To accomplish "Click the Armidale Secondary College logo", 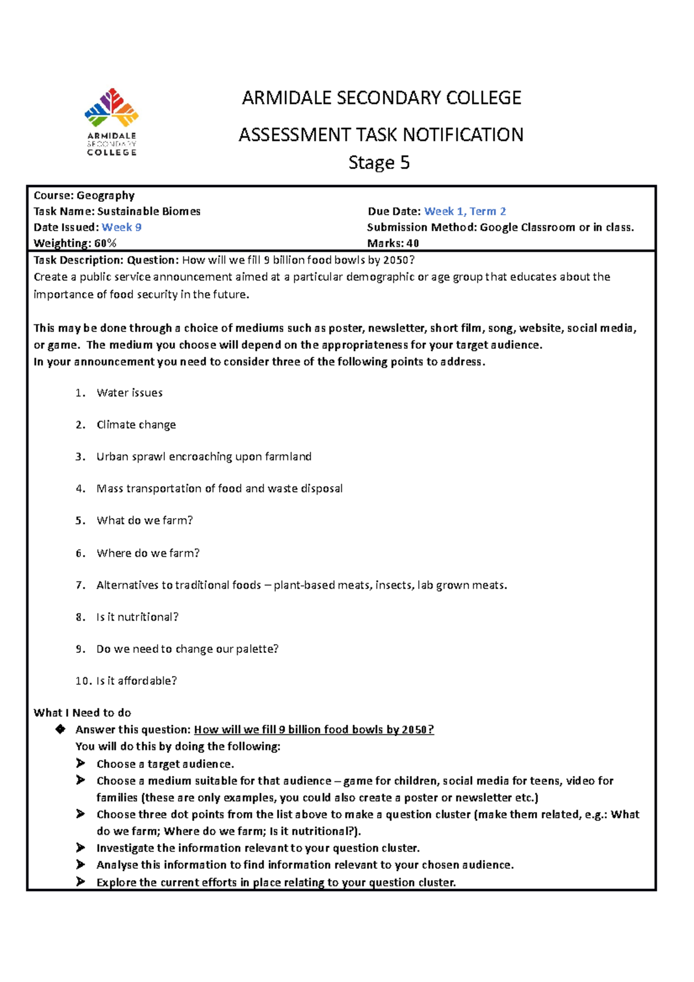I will pos(112,121).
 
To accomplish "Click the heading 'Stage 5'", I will pos(379,163).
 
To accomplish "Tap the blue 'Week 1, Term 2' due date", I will pos(465,212).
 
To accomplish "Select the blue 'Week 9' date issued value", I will pos(121,227).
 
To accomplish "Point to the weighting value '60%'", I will pos(105,243).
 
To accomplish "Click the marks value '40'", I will pos(412,243).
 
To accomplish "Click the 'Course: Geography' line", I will pos(84,195).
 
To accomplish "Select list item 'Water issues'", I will pos(130,393).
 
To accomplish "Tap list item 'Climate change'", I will pos(136,424).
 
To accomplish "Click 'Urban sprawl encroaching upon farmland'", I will pos(204,457).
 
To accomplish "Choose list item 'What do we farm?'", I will pos(145,520).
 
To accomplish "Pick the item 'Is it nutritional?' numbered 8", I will pos(137,617).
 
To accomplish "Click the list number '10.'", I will pos(83,681).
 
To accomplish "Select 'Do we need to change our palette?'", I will pos(187,649).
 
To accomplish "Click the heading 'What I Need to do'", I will pos(82,713).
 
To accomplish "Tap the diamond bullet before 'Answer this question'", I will pos(60,729).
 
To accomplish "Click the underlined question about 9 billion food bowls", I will pos(313,730).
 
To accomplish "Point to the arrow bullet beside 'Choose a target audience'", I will pos(80,763).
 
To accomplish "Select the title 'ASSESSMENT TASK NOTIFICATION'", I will pos(381,135).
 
